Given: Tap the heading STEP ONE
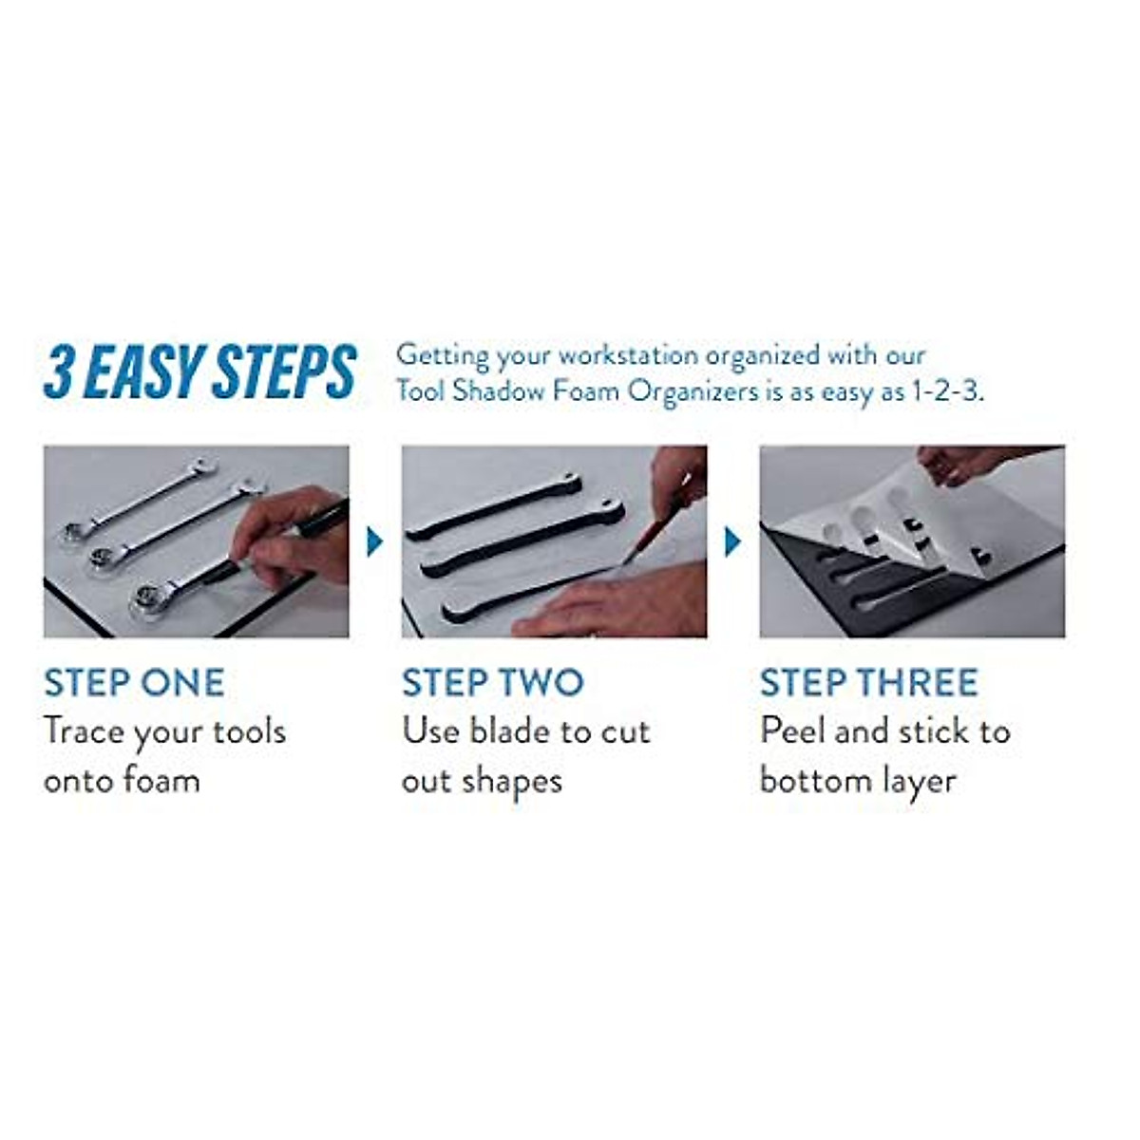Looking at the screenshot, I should (x=134, y=683).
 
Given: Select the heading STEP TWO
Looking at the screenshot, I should (x=492, y=683).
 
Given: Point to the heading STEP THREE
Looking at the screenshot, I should (x=868, y=683).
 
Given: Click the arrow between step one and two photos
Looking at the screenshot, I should (x=375, y=542).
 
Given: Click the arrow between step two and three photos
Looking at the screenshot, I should (x=732, y=542).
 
